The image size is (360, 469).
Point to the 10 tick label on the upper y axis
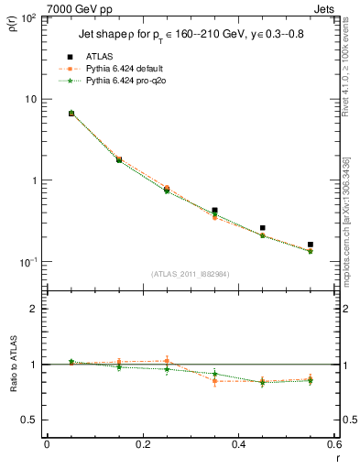pos(31,99)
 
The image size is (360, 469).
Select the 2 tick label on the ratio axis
pos(34,309)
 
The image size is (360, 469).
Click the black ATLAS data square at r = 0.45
pos(262,228)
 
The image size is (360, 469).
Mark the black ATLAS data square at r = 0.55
pos(311,245)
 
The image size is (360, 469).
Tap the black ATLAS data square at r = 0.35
pos(214,211)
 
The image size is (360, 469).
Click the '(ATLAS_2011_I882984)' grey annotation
pos(189,274)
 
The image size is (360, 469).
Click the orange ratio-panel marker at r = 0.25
pos(166,361)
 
